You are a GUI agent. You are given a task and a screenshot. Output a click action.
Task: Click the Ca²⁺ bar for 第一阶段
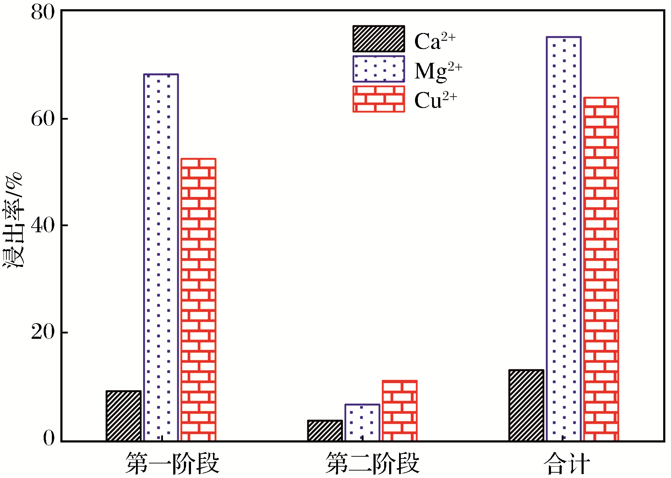click(124, 415)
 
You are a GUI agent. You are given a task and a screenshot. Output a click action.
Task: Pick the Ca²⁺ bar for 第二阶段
click(325, 430)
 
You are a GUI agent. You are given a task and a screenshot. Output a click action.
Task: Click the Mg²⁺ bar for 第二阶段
click(362, 423)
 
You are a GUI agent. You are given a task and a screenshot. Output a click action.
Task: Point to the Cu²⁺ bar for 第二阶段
click(400, 411)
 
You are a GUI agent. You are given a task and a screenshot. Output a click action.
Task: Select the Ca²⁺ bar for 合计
click(526, 405)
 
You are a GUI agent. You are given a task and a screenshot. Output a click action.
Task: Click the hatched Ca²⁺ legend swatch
click(378, 39)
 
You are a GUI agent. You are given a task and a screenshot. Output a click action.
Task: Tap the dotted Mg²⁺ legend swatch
click(378, 69)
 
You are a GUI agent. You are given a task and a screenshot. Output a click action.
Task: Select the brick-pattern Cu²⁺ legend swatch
click(378, 99)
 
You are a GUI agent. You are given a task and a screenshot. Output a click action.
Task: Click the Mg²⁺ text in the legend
click(438, 70)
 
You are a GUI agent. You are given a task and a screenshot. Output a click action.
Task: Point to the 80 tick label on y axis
click(43, 13)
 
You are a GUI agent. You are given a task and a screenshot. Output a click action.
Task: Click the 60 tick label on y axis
click(43, 119)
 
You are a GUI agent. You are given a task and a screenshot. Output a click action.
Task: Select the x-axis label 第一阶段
click(172, 463)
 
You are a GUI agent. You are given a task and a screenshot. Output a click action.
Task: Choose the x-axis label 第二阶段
click(373, 463)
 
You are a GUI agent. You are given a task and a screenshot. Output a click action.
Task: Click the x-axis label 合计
click(567, 463)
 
